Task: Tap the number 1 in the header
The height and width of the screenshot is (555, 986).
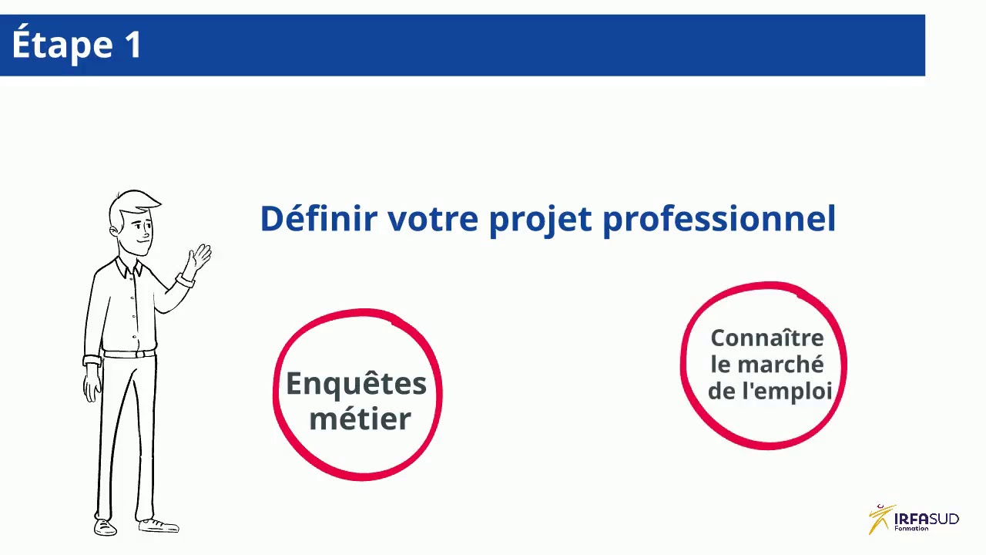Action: (132, 45)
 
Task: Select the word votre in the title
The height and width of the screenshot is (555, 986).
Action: (433, 220)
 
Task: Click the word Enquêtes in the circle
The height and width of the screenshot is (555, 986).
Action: (356, 383)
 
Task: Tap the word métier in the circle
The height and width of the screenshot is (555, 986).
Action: (360, 419)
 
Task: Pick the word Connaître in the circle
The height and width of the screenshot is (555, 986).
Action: (766, 338)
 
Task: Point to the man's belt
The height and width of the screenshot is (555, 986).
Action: (129, 354)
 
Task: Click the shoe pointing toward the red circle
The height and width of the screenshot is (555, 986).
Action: (159, 526)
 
